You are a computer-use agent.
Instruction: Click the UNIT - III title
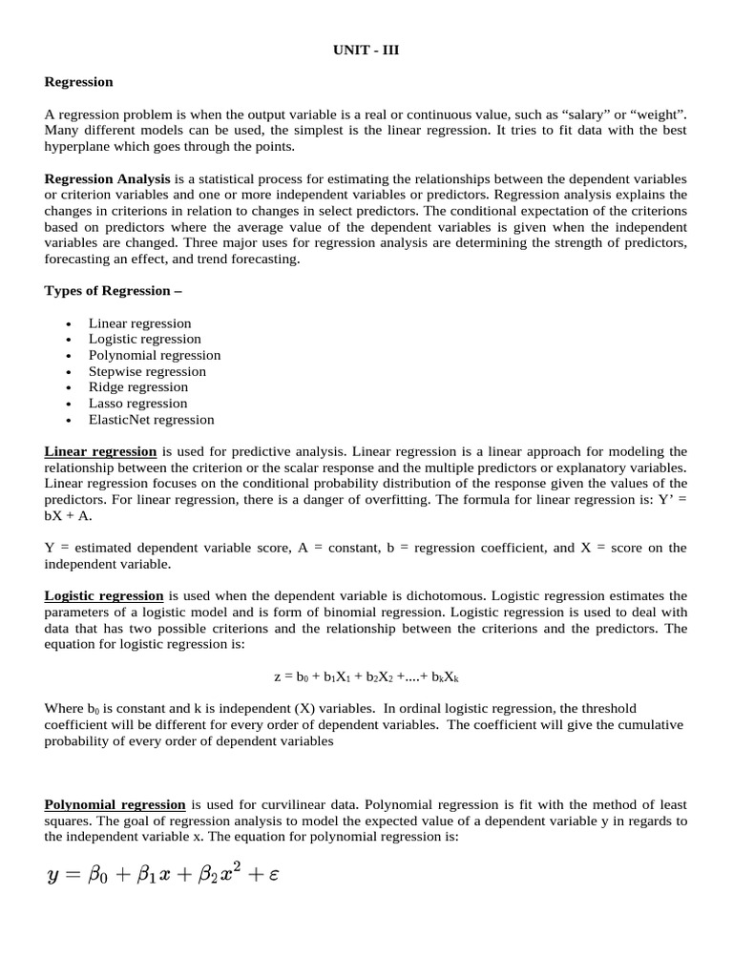[366, 51]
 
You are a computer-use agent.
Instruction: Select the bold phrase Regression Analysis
[108, 179]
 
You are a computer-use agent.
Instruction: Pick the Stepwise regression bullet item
[147, 371]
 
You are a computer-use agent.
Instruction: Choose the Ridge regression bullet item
[138, 387]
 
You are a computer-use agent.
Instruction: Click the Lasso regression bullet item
[138, 404]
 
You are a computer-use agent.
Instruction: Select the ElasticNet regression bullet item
[152, 420]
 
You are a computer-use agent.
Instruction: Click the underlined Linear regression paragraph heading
[101, 451]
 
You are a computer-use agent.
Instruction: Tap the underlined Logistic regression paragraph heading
[104, 596]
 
